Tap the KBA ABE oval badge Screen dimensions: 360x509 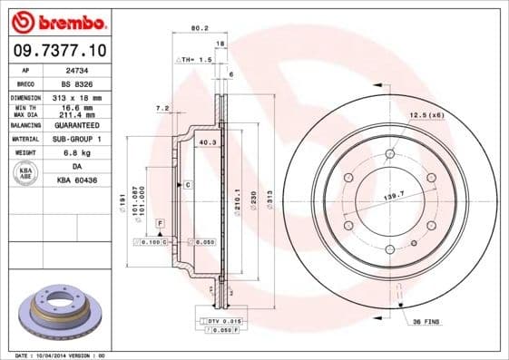coord(26,174)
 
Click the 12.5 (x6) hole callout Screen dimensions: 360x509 coord(425,116)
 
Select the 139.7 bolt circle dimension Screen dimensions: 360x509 coord(393,196)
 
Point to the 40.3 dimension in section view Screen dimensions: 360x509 coord(206,142)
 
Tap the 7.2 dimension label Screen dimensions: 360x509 coord(162,108)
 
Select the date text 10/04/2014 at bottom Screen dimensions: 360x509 coord(62,355)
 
